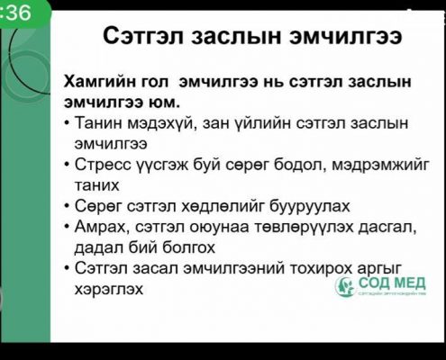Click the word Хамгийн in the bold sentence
pos(99,83)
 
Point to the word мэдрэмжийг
pos(379,166)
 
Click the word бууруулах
pos(309,206)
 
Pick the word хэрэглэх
pos(108,290)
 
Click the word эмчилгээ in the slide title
pos(345,36)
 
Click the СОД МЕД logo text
pos(392,283)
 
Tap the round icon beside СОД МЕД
pos(345,286)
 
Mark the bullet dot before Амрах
pos(67,228)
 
